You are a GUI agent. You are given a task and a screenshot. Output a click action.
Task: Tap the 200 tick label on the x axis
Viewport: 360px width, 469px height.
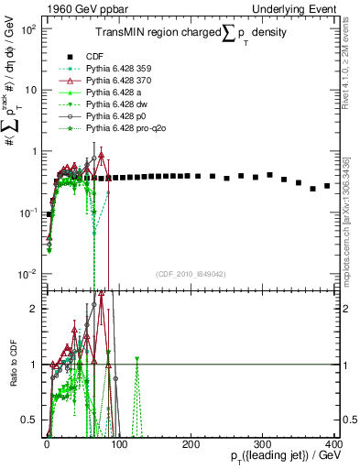tap(191, 444)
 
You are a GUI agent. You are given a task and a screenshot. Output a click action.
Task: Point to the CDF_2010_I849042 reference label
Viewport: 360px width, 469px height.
tap(190, 274)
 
